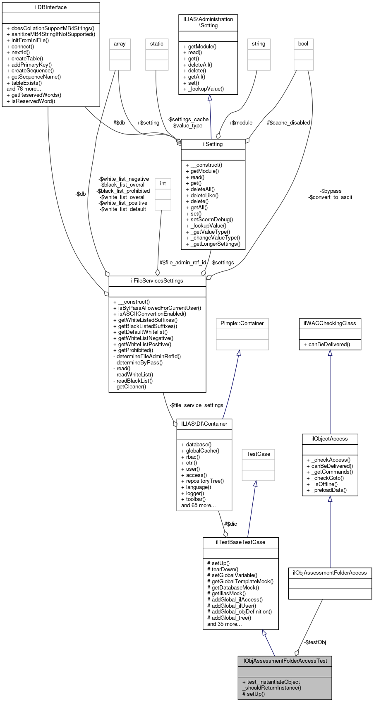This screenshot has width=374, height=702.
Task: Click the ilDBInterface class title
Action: click(x=51, y=7)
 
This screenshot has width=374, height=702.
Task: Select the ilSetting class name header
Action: click(x=213, y=144)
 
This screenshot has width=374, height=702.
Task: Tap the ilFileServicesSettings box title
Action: click(x=157, y=281)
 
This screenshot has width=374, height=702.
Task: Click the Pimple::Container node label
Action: click(x=242, y=323)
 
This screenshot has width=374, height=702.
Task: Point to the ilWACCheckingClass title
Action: click(x=330, y=323)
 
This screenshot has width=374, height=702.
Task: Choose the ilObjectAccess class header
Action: click(x=330, y=439)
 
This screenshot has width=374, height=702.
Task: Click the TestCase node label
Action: click(x=258, y=454)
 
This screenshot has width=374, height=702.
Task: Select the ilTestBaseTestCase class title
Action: click(x=240, y=542)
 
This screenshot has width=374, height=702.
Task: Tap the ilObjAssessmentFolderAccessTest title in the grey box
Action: click(x=285, y=661)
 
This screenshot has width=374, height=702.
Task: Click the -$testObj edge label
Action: click(x=315, y=642)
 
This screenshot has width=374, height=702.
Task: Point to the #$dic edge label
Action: click(x=230, y=524)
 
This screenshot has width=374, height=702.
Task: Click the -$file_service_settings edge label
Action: click(x=196, y=405)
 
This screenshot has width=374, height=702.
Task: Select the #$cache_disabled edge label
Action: click(x=288, y=123)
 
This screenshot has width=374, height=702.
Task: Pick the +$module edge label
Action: click(x=240, y=123)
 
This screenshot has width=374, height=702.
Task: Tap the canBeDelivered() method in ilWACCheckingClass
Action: click(x=330, y=345)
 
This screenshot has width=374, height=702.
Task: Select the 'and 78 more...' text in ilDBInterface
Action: click(x=24, y=89)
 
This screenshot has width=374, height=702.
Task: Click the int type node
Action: click(x=163, y=184)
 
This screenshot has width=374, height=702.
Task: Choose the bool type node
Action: click(x=303, y=44)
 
